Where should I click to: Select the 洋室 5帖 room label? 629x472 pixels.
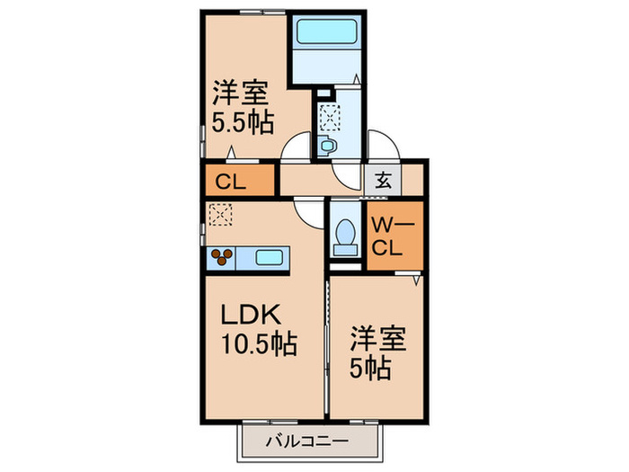point(377,353)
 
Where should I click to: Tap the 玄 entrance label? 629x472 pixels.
point(383,178)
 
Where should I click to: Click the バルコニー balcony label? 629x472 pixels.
point(306,441)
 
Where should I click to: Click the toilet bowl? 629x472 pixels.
point(344,236)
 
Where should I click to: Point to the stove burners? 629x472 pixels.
point(221,258)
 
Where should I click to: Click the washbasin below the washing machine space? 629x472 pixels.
point(326,143)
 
